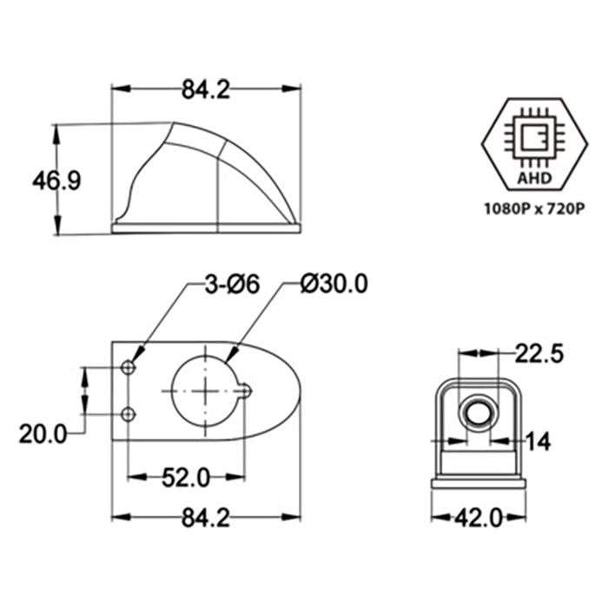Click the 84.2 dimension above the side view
[x=206, y=89]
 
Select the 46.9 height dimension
[x=56, y=181]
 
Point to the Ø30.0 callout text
[x=334, y=284]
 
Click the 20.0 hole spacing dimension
[x=43, y=433]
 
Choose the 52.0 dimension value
[x=186, y=477]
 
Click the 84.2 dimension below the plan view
[x=206, y=519]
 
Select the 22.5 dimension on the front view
[x=539, y=353]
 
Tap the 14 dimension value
[x=539, y=442]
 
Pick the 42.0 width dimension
[x=479, y=519]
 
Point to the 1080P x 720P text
[x=532, y=209]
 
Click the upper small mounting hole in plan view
[x=129, y=368]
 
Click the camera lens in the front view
[x=479, y=413]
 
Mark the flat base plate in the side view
[x=207, y=228]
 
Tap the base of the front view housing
[x=479, y=481]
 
